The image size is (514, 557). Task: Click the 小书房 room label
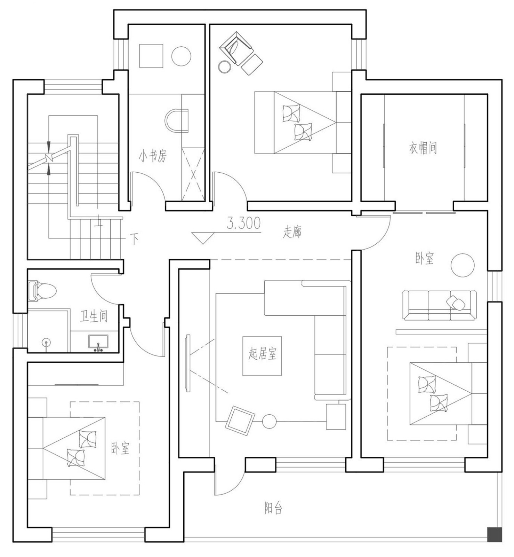tap(153, 156)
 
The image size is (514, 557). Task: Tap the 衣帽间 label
tap(423, 148)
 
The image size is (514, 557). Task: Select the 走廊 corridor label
tap(292, 232)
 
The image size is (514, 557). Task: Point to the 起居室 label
tap(262, 355)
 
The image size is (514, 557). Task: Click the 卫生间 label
tap(94, 316)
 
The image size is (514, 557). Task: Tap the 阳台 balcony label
tap(273, 508)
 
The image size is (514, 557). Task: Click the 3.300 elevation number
tap(243, 223)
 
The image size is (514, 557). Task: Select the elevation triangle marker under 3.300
tap(203, 238)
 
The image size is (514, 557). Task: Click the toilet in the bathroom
tap(42, 291)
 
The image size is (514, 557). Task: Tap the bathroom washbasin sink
tap(98, 343)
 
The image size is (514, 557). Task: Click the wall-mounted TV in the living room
tap(188, 363)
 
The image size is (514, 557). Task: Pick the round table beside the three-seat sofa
tap(463, 265)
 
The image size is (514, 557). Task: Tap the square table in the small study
tap(151, 56)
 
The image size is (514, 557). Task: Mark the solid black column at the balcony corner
tap(494, 535)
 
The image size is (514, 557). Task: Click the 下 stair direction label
tap(135, 238)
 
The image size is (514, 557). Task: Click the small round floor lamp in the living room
tap(269, 422)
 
